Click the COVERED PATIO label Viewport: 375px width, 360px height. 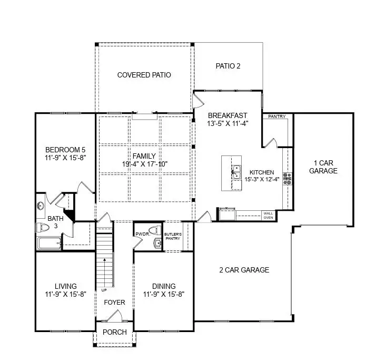pyautogui.click(x=144, y=75)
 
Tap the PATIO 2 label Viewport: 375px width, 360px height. pyautogui.click(x=228, y=66)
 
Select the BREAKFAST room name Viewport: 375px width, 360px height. pyautogui.click(x=227, y=115)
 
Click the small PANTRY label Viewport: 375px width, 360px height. pyautogui.click(x=276, y=116)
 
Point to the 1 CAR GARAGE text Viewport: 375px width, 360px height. pyautogui.click(x=323, y=167)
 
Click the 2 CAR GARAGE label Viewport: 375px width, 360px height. pyautogui.click(x=244, y=270)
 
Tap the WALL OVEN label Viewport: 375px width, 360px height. pyautogui.click(x=268, y=215)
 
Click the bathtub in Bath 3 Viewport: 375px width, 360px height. pyautogui.click(x=50, y=243)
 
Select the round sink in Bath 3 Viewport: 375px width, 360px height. pyautogui.click(x=40, y=207)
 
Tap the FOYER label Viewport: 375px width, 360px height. pyautogui.click(x=114, y=303)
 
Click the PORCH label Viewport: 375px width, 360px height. pyautogui.click(x=114, y=332)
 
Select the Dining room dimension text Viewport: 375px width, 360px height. pyautogui.click(x=164, y=294)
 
